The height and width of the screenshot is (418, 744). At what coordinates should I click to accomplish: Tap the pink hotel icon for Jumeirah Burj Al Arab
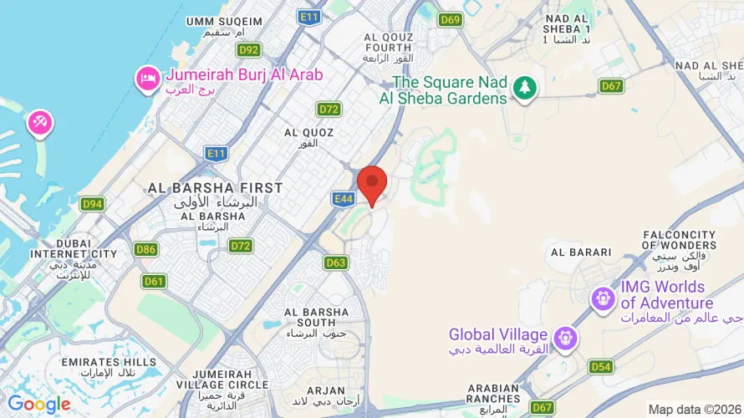147,79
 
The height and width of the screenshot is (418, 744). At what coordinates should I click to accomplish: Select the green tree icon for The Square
525,86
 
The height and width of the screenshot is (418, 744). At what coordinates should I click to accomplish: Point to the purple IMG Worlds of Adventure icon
601,298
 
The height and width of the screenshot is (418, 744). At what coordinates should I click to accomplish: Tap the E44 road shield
343,198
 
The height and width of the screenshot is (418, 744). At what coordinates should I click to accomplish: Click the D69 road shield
451,19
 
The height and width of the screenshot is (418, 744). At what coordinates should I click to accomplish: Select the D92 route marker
248,49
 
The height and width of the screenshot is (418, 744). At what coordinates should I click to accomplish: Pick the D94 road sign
92,204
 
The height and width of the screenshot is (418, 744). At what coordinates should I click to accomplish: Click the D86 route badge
146,249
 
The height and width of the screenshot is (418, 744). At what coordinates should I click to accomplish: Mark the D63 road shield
336,263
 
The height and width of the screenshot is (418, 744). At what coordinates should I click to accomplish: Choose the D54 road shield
600,366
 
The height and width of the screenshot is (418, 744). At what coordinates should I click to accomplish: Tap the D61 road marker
154,281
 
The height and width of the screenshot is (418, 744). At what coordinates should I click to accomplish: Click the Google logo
39,405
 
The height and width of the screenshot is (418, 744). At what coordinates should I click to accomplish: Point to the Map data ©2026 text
693,409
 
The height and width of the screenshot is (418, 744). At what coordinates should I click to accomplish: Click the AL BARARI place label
580,252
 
